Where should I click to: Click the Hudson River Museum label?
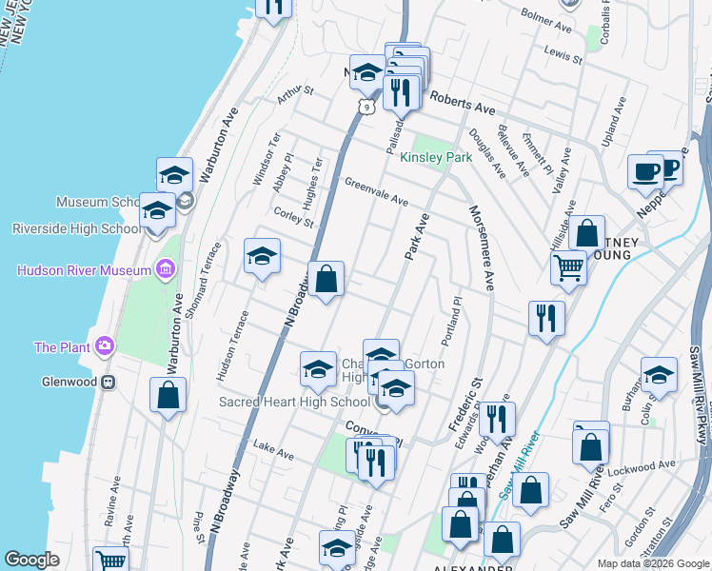84,270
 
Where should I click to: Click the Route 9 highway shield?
365,107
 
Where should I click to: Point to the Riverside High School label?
76,228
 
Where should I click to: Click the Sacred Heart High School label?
294,402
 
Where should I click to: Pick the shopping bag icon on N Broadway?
326,280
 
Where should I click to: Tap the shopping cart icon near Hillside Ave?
568,267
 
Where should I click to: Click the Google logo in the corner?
31,560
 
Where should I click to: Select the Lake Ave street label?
273,450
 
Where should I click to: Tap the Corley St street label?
293,218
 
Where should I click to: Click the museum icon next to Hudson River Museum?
167,270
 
